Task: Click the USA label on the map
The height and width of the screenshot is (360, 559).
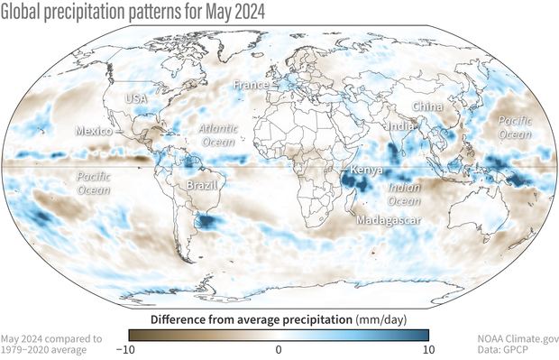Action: coord(136,98)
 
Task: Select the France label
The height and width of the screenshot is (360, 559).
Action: coord(251,84)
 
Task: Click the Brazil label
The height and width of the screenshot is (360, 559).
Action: coord(197,184)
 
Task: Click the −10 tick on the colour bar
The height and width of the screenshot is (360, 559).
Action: coord(127,349)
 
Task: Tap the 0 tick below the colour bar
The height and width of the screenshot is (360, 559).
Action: coord(279,349)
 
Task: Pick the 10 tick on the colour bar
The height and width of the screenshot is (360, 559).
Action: coord(429,349)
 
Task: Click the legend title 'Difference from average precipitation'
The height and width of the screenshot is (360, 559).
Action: coord(250,318)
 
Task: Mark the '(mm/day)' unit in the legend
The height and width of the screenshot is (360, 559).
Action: coord(381,318)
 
